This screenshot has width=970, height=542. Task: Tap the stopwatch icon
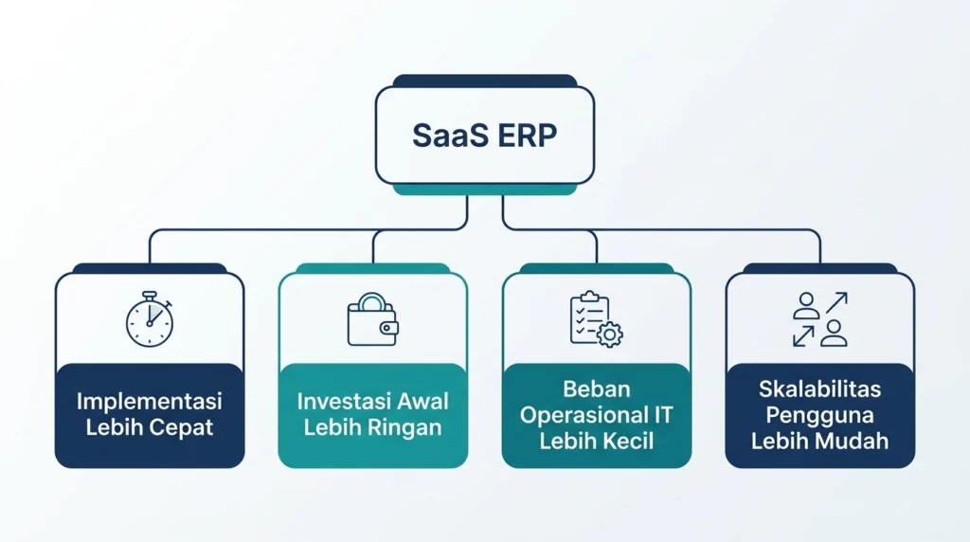point(150,319)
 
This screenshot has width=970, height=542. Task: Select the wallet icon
point(373,319)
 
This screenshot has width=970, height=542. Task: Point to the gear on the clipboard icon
point(610,334)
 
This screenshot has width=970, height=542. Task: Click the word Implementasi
point(149,401)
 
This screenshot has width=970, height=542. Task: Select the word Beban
point(597,388)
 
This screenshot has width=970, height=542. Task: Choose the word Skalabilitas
point(819,388)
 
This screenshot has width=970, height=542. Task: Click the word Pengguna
point(819,414)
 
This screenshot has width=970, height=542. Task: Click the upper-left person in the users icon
point(807,306)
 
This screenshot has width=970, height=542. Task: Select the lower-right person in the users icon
point(834,333)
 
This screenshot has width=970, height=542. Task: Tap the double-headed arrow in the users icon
point(803,336)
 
